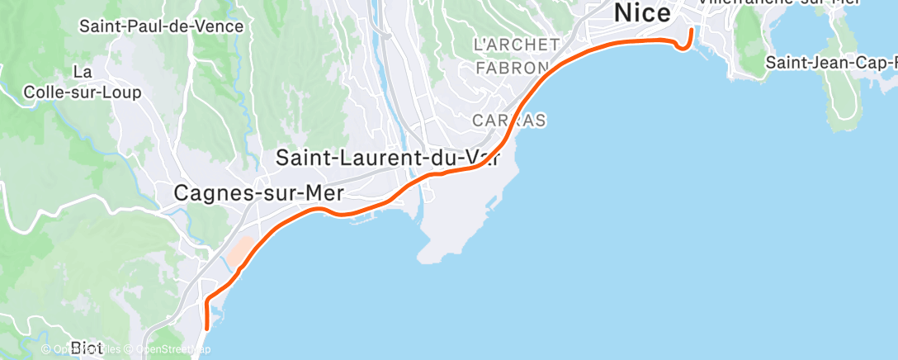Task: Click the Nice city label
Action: point(641,13)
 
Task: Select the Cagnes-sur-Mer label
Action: point(258,193)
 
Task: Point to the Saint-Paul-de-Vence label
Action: point(162,26)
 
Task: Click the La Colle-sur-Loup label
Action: point(83,83)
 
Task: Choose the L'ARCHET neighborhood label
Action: point(517,44)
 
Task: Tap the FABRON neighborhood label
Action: point(512,68)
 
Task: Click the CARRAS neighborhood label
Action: point(508,121)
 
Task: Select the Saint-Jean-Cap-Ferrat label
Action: point(830,63)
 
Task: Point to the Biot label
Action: point(87,348)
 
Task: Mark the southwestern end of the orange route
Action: point(206,329)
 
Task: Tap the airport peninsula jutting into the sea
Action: point(462,215)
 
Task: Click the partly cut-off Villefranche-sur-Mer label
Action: point(768,3)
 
